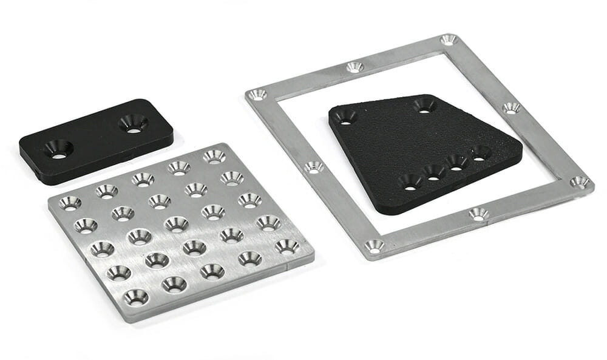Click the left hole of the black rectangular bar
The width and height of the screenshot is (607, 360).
coord(59,149)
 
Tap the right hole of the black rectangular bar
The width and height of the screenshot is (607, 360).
coord(133,123)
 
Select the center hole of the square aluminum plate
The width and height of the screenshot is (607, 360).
coord(177,223)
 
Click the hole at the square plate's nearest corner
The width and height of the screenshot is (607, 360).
coord(135,297)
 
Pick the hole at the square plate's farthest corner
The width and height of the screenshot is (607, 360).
coord(214,156)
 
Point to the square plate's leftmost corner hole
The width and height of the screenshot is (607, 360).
coord(70,203)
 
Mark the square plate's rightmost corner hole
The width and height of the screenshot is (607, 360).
coord(287,246)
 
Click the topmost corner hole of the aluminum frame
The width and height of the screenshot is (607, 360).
coord(449,40)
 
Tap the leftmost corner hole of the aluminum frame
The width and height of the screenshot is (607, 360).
coord(257,95)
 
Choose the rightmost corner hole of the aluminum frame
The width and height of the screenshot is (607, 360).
coord(579,182)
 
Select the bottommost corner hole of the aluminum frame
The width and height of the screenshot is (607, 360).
coord(374,246)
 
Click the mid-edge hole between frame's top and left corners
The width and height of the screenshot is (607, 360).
coord(355,67)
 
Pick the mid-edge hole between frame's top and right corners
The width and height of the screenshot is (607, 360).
coord(511,108)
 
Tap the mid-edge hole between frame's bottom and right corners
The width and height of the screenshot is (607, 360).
coord(478,214)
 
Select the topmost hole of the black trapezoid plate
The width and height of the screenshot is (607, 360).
coord(424,106)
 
